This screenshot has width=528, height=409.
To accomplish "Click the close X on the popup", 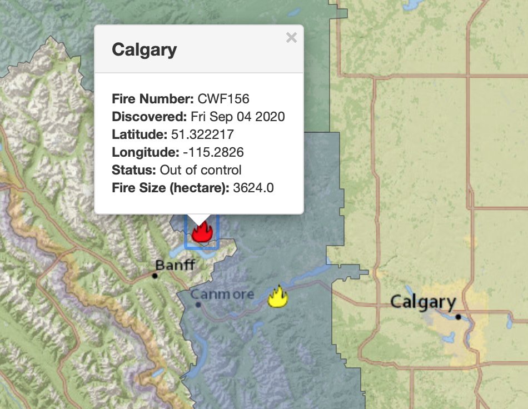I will (291, 38).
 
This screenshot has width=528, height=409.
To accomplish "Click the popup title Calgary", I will (145, 49).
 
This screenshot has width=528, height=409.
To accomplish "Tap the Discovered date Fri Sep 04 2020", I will (238, 117).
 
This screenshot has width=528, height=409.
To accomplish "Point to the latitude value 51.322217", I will (202, 134).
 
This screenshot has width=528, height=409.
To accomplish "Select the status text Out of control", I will (201, 170).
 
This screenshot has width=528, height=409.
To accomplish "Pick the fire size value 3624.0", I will (253, 188).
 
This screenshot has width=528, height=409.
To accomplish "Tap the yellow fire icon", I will (277, 297).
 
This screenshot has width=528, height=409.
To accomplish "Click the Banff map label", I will (176, 265).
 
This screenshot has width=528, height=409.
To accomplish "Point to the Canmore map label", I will (222, 294).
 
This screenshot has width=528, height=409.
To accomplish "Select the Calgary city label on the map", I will (423, 302).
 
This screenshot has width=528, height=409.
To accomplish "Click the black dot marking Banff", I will (155, 276).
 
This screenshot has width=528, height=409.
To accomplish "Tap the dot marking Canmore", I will (198, 305).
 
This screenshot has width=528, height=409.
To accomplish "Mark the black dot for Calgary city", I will (458, 317).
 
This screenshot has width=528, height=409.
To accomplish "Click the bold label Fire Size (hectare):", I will (171, 188).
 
